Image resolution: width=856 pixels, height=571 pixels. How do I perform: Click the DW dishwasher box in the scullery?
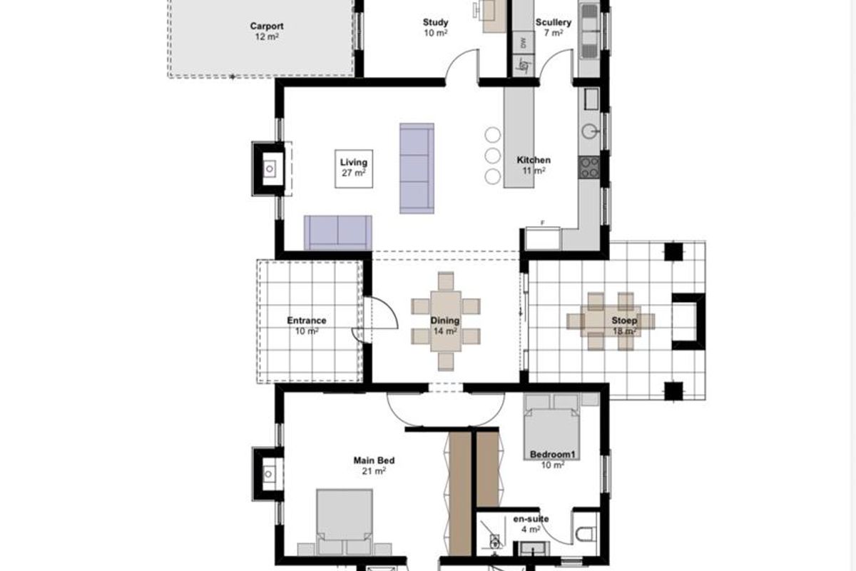(523, 43)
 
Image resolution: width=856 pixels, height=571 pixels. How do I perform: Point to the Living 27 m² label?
(353, 167)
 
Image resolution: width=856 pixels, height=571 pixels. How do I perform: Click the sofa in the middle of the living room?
(417, 168)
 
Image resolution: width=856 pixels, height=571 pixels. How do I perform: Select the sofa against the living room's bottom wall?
(338, 232)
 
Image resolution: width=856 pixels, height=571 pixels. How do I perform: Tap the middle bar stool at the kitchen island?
(492, 156)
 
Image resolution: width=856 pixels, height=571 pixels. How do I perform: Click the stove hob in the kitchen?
(589, 167)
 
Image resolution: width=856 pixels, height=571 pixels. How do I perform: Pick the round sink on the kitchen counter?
(590, 131)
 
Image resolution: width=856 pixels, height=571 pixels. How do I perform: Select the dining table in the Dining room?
(446, 321)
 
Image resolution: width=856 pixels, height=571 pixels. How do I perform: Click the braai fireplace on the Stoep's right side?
(688, 321)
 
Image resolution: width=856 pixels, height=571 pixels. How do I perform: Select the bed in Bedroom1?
(554, 428)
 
